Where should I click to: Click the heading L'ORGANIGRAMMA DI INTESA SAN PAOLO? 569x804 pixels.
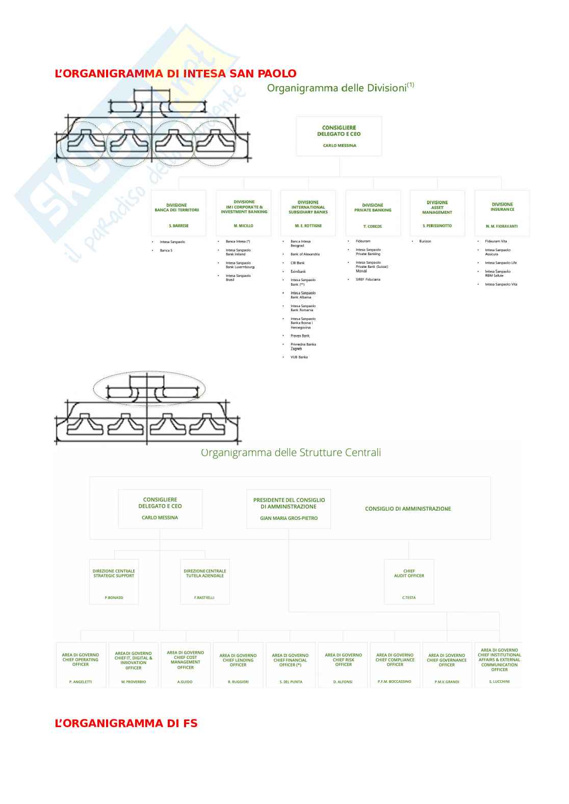[175, 73]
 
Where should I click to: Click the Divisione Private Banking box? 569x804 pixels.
[373, 213]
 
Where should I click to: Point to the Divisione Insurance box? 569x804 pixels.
[502, 213]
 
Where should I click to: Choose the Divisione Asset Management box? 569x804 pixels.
[437, 213]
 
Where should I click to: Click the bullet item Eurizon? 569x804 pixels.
[425, 241]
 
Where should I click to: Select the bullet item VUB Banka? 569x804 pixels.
[299, 357]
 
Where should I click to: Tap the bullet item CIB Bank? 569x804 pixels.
[297, 263]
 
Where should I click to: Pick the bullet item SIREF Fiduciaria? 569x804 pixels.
[368, 280]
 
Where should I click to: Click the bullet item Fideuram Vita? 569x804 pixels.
[496, 241]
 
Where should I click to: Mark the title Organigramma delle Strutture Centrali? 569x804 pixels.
[291, 453]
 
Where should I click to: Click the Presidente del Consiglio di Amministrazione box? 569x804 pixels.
[289, 509]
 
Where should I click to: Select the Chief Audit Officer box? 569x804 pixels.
[409, 581]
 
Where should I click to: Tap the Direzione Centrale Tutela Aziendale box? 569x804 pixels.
[205, 581]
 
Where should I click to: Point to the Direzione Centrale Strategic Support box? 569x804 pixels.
[114, 581]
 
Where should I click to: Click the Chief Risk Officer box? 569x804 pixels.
[343, 665]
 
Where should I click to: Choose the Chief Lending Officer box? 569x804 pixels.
[238, 665]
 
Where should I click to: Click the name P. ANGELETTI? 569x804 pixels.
[81, 682]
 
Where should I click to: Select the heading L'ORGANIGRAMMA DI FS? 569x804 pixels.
[126, 724]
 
